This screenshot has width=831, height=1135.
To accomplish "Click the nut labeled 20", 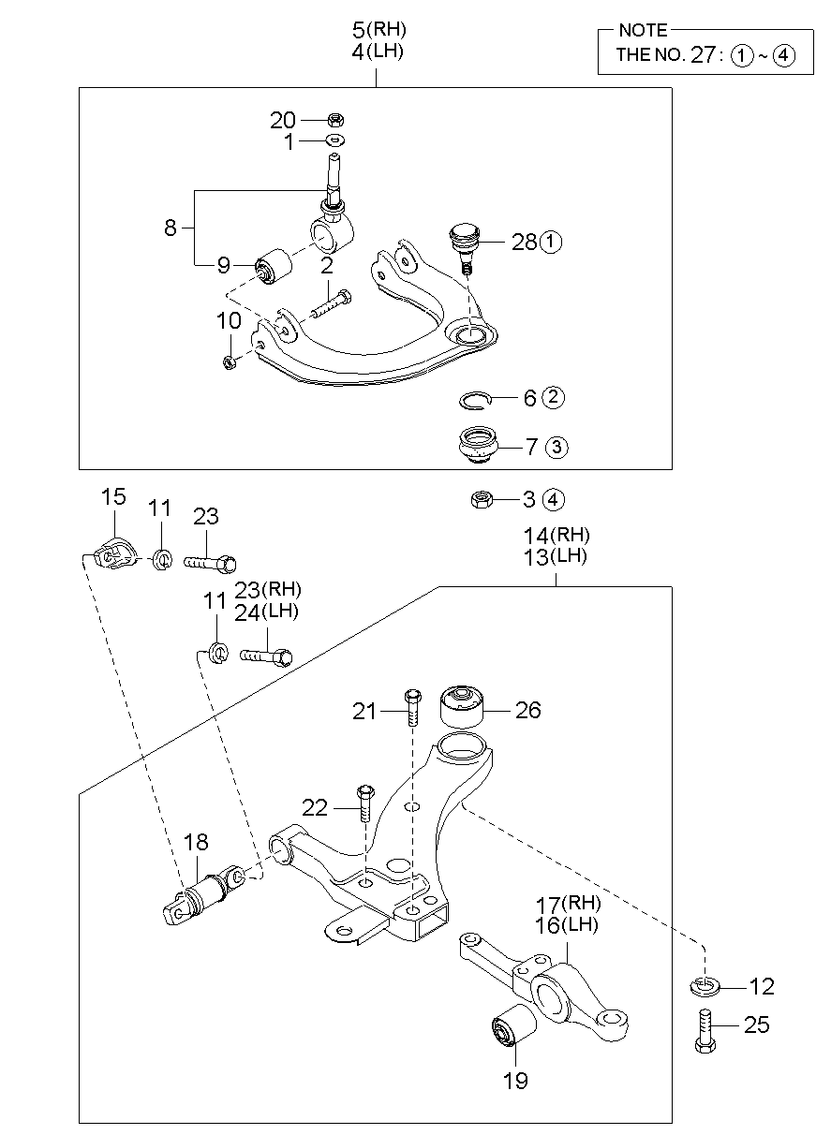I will (x=336, y=119).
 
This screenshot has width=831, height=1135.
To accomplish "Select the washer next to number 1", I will (x=335, y=140).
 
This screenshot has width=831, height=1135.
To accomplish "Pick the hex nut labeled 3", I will (x=482, y=499).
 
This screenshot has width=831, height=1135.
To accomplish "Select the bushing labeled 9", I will (x=275, y=266).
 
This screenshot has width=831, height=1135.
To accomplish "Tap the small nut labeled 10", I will (x=230, y=362).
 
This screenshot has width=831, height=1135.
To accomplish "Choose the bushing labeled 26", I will (x=463, y=708).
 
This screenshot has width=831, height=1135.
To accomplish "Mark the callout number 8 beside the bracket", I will (x=171, y=228).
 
